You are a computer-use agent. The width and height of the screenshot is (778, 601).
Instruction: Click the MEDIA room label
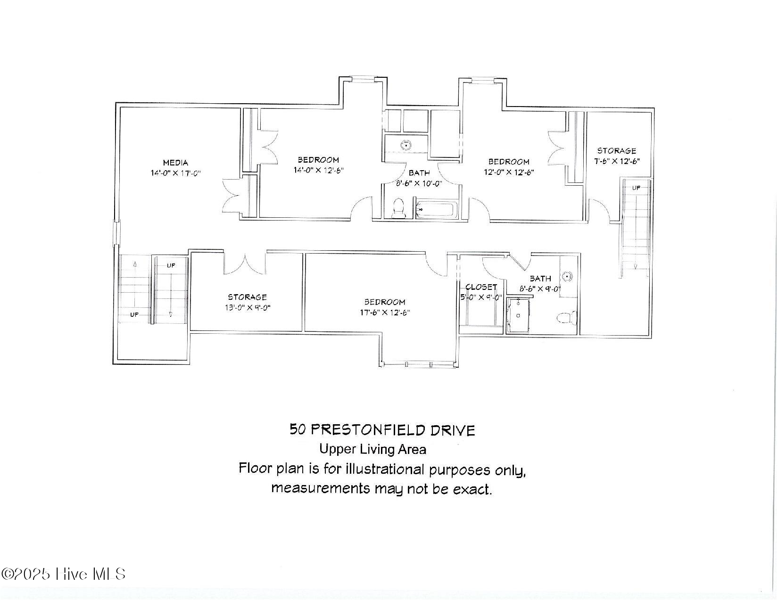click(175, 163)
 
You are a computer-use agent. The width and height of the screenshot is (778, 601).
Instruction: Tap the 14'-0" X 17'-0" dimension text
click(175, 173)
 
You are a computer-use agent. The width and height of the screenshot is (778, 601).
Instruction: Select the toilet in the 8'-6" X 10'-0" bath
click(399, 209)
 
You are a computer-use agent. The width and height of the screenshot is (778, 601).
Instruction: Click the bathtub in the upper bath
click(437, 209)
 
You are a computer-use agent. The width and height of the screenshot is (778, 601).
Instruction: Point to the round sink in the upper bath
click(405, 146)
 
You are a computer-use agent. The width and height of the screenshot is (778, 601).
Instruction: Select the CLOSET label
click(481, 287)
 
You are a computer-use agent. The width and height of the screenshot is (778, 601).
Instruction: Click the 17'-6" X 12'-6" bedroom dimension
click(384, 313)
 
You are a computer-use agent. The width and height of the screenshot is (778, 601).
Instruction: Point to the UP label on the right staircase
click(636, 188)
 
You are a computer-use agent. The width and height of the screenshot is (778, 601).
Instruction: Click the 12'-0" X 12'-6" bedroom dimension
click(508, 172)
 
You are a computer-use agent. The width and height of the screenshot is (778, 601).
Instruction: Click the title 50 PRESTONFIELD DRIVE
click(382, 430)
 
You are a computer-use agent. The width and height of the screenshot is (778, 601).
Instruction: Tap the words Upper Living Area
click(372, 449)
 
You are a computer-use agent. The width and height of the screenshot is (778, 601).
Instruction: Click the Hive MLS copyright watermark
click(64, 574)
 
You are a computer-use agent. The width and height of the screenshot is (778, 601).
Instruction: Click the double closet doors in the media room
click(234, 194)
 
